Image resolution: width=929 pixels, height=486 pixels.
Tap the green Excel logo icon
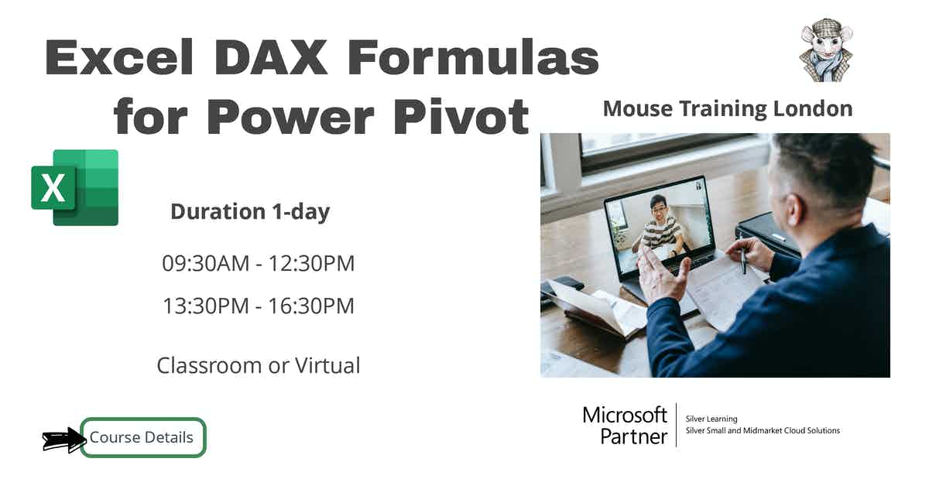75,187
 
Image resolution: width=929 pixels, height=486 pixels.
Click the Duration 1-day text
250,211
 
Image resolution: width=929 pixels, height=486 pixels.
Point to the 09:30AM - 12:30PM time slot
258,263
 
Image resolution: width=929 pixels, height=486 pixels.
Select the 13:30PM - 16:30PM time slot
258,306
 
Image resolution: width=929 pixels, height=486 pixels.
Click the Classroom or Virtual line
258,364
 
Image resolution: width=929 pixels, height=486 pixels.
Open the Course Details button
142,437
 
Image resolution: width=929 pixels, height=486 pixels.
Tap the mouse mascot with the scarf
825,52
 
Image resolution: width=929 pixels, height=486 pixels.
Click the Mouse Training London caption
727,108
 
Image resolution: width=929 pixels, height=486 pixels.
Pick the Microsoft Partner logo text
625,425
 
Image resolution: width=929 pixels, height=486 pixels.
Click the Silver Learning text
711,419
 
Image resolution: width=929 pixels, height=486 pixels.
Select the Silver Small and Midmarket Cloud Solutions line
763,430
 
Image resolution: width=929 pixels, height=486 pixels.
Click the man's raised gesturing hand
662,275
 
